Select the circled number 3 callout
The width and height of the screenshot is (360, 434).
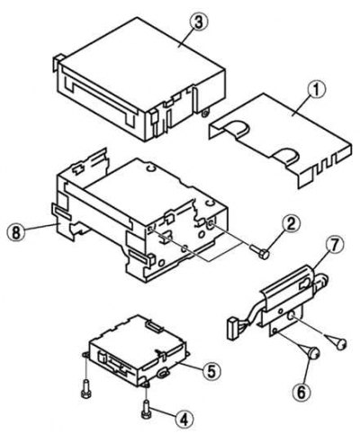199,23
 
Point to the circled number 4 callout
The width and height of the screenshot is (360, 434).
184,418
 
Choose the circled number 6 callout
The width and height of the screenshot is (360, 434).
301,392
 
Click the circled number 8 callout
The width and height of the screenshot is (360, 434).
16,232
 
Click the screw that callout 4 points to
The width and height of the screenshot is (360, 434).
146,409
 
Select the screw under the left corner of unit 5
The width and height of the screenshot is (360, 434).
85,388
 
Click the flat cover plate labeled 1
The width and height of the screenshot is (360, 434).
280,140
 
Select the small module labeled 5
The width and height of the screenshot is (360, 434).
138,350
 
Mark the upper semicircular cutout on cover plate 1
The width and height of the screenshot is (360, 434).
237,126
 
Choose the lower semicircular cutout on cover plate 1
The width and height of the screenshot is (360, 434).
285,157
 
